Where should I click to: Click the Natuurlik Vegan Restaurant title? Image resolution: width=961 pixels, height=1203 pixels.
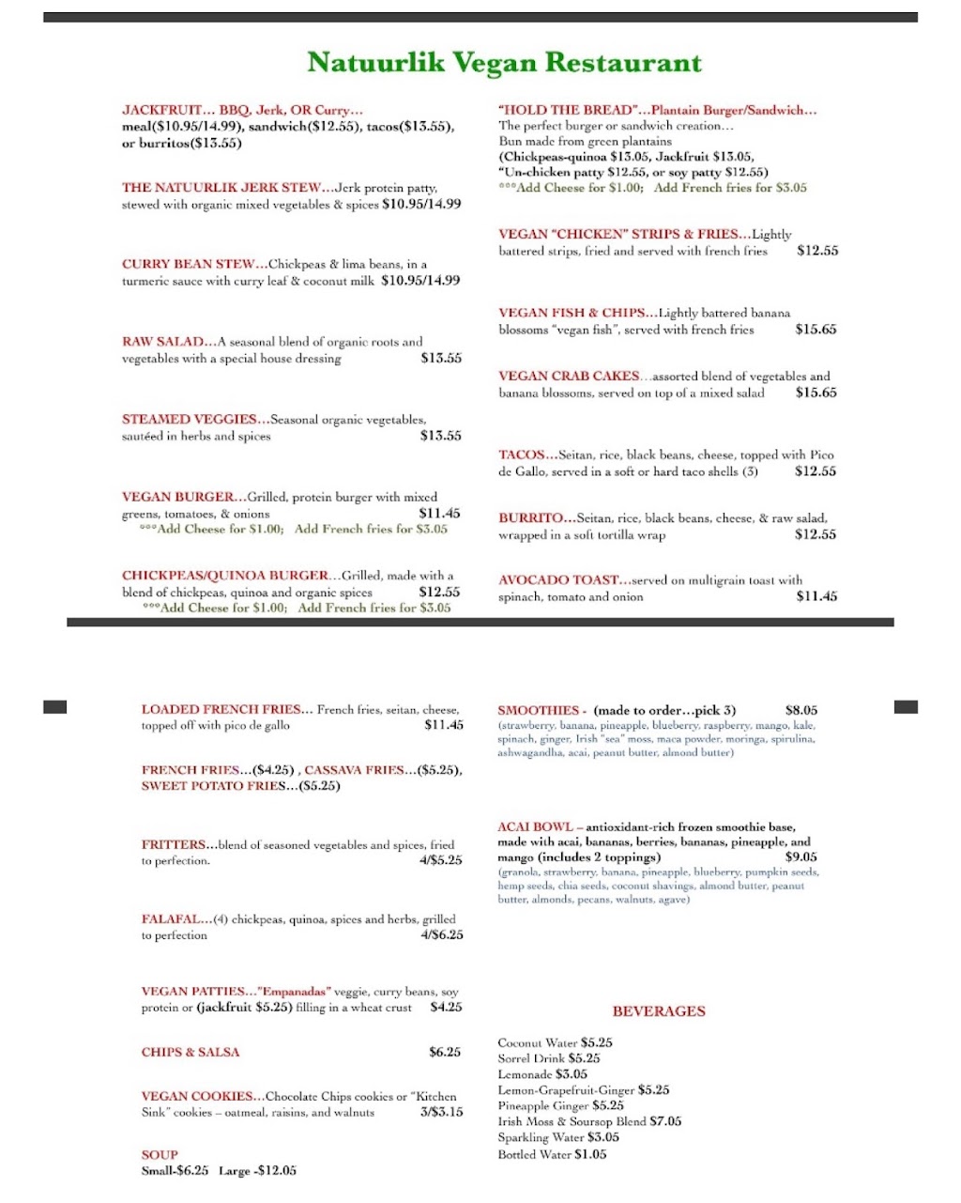[504, 63]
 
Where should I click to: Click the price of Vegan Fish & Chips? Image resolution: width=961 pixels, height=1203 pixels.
[815, 330]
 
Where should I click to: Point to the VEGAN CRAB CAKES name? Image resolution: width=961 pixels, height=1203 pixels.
[569, 376]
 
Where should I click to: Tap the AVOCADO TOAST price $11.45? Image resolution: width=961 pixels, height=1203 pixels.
[816, 596]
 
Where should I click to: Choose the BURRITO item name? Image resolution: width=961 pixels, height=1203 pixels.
[530, 517]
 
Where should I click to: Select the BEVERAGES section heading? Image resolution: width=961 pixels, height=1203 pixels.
[658, 1011]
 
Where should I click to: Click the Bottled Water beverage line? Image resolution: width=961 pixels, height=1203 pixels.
[552, 1154]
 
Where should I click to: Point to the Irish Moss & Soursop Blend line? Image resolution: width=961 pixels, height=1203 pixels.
[588, 1121]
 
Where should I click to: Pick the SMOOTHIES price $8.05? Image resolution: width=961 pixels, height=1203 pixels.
[801, 711]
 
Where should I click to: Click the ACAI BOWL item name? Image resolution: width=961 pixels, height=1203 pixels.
[535, 826]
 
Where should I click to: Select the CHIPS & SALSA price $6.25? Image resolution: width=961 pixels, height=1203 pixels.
[444, 1052]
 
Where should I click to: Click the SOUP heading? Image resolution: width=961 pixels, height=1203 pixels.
[160, 1154]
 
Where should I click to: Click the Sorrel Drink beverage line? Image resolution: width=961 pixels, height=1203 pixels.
[548, 1058]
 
